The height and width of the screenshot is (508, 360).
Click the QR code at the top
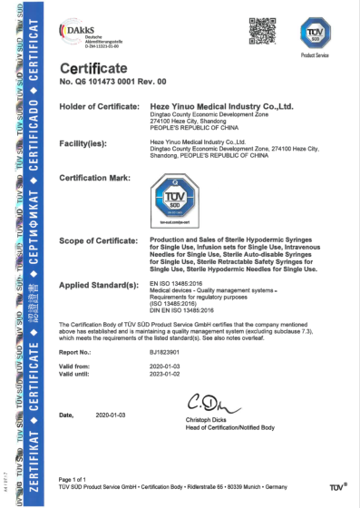[x=261, y=31]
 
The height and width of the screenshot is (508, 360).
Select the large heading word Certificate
[x=95, y=70]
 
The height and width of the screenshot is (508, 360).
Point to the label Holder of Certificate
[x=98, y=106]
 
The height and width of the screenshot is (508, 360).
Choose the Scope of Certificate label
[x=97, y=239]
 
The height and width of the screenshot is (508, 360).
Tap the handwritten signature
[x=229, y=401]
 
